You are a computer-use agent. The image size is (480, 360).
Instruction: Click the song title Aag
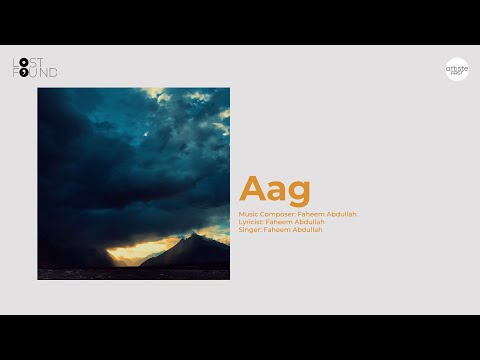(x=275, y=189)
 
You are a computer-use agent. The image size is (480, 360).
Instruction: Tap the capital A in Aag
(x=252, y=189)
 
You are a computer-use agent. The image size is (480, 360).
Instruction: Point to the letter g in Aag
(x=298, y=192)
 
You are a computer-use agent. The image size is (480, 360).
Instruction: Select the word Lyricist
(x=251, y=221)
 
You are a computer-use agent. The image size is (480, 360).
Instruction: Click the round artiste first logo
(x=457, y=69)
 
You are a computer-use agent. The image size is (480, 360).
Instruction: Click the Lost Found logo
(x=35, y=68)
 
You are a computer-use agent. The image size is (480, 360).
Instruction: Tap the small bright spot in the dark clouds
(x=147, y=133)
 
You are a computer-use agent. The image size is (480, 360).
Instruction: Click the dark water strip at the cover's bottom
(x=133, y=273)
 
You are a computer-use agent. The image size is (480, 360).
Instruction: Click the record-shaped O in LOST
(x=23, y=63)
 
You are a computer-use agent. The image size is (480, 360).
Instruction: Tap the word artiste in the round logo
(x=457, y=66)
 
